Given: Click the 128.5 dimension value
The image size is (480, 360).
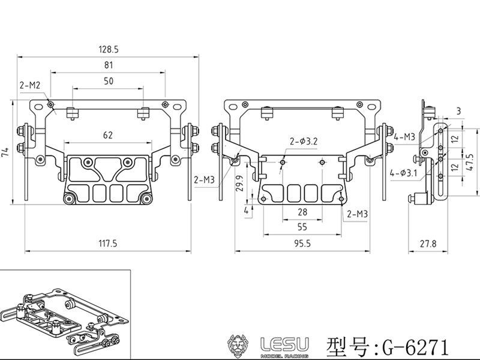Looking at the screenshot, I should [109, 47].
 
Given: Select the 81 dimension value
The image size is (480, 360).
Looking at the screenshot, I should [109, 64].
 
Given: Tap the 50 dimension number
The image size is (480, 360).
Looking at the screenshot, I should [109, 80].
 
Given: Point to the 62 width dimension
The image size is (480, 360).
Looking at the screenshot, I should [108, 136].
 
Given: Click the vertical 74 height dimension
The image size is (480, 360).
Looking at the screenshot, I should [5, 154].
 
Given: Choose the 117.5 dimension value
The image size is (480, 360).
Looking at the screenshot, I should [109, 244].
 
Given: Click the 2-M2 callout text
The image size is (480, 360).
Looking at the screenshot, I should [29, 86].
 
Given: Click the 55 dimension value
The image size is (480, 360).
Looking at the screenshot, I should [302, 227].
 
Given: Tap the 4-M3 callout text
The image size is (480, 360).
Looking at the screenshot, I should [406, 137].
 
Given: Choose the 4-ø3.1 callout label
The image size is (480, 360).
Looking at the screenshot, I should [403, 173].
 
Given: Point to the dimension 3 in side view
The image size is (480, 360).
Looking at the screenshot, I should [458, 110].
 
